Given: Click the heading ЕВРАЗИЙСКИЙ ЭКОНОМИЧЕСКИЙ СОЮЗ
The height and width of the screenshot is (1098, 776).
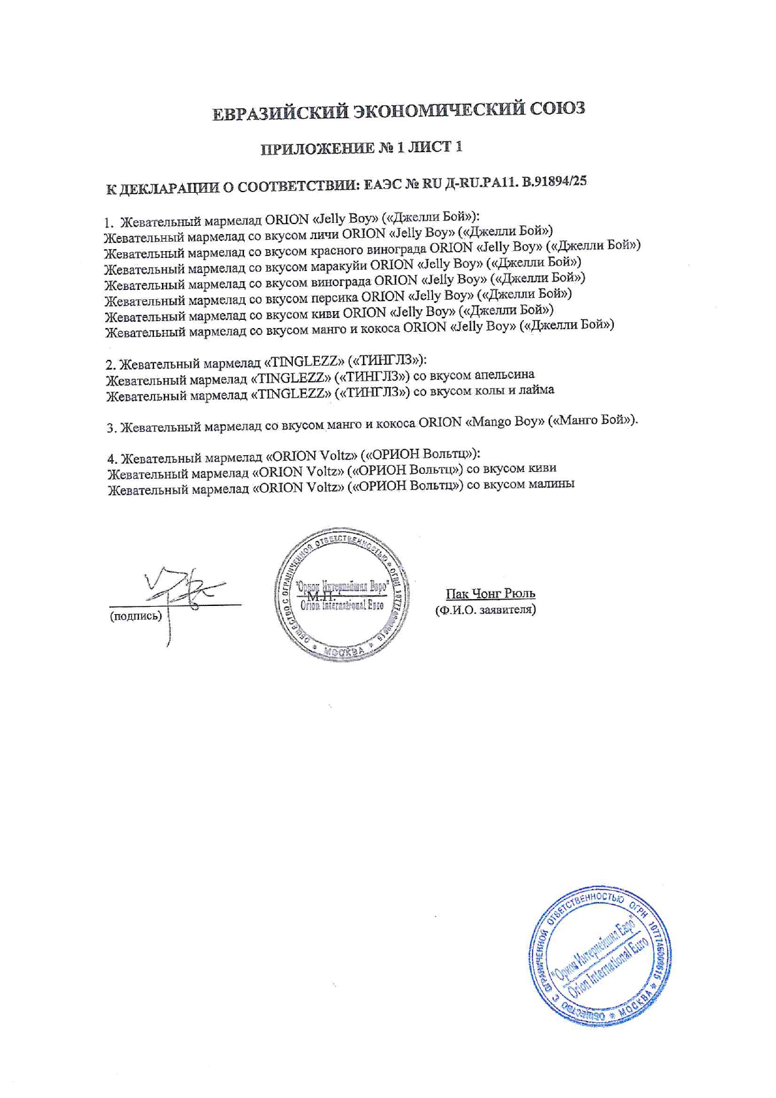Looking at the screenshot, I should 399,111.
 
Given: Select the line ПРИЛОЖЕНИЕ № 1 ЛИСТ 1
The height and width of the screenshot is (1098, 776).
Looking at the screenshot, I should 362,148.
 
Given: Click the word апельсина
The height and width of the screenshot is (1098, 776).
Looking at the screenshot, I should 504,374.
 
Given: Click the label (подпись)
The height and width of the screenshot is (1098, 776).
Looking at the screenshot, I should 136,616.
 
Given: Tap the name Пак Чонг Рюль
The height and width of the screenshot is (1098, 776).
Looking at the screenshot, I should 490,593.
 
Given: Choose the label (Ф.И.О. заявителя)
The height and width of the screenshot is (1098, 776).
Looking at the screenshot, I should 485,609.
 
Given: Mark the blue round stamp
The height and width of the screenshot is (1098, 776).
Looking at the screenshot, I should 601,955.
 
